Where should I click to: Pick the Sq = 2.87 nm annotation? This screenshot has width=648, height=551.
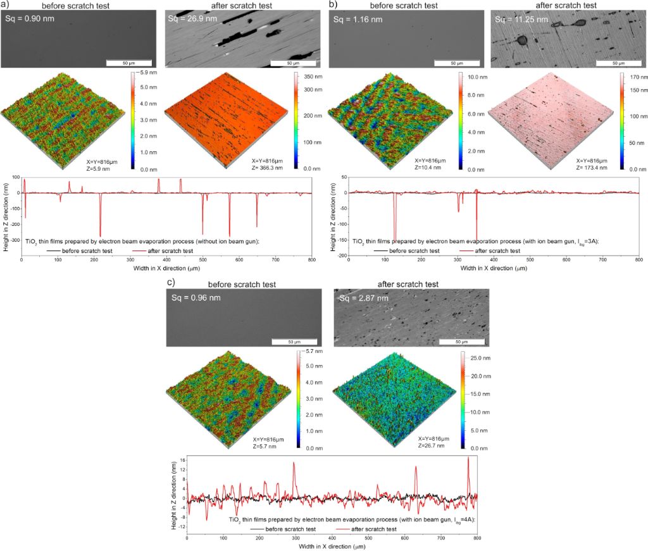point(359,298)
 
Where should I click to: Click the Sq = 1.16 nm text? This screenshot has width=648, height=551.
point(354,18)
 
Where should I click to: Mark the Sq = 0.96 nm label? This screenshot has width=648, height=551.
point(192,299)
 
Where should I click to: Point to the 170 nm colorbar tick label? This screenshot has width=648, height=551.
point(635,77)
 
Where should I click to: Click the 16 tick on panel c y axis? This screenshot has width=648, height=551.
point(180,459)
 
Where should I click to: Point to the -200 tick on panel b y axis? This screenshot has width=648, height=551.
point(340,256)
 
